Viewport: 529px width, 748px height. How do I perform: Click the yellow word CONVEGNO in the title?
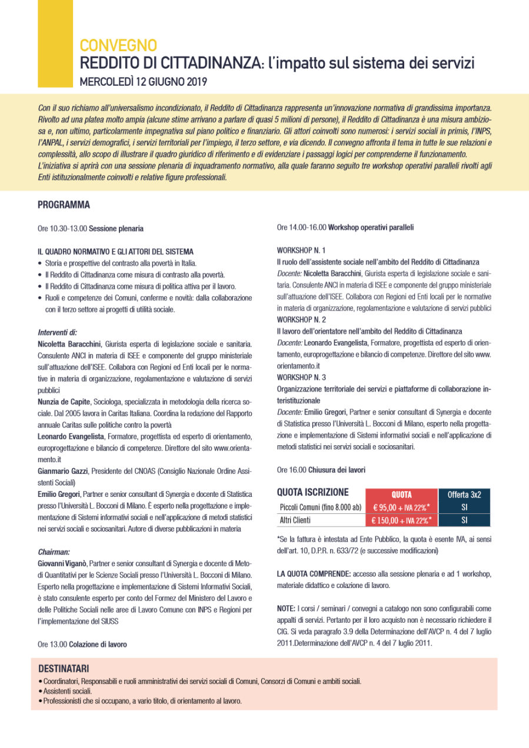(x=118, y=45)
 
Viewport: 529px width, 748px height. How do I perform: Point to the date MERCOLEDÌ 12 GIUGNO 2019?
(x=144, y=81)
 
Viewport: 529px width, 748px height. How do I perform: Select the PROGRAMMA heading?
(x=64, y=205)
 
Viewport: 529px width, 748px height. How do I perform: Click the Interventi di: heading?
(x=58, y=332)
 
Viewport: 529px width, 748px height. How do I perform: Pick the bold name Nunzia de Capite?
(x=64, y=401)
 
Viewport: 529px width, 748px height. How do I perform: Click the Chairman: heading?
(x=54, y=552)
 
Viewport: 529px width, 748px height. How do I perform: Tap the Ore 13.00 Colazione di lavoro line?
(x=82, y=644)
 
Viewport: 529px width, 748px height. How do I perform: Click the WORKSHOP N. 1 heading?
(x=301, y=250)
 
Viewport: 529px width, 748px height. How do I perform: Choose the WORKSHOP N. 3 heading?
(x=301, y=376)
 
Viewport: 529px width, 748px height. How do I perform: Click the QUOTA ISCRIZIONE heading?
(x=312, y=493)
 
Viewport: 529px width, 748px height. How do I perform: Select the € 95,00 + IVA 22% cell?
(x=402, y=507)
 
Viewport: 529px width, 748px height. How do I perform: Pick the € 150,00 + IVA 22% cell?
(x=402, y=520)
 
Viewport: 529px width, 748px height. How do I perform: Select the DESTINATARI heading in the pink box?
(x=64, y=669)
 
